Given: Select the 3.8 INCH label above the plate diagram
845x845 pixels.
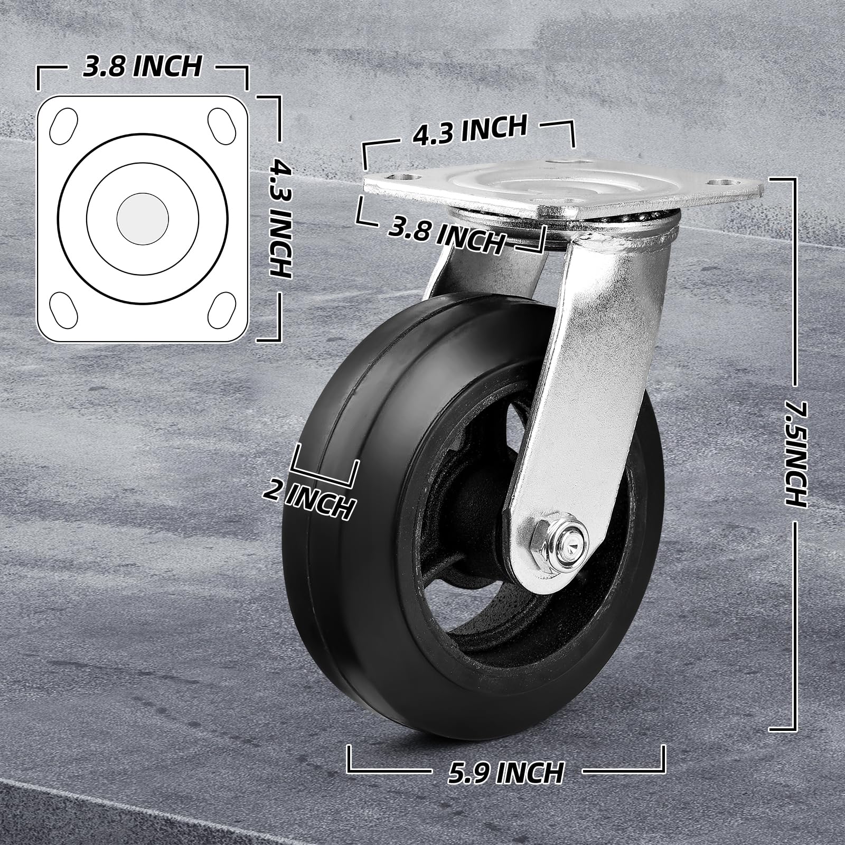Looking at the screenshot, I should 143,67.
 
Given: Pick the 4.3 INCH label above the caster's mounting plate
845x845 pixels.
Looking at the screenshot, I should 470,130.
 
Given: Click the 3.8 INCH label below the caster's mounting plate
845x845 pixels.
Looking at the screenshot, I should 446,236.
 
